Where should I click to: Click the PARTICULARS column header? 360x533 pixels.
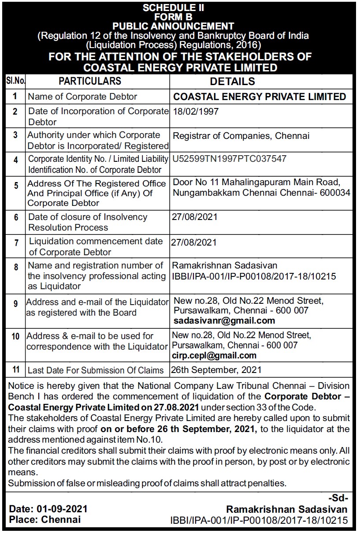click(90, 81)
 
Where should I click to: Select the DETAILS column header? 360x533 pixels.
click(232, 81)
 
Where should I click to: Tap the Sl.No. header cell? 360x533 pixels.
click(15, 81)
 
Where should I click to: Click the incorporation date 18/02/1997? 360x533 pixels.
click(196, 112)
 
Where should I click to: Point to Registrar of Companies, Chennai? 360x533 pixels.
click(241, 136)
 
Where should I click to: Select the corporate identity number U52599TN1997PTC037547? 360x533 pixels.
click(232, 158)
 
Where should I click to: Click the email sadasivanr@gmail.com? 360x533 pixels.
click(224, 321)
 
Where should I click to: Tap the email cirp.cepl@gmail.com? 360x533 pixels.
click(214, 355)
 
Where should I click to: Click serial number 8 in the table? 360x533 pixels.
click(15, 267)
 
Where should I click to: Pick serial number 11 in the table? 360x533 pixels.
click(15, 369)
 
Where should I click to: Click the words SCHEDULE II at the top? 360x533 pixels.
click(180, 7)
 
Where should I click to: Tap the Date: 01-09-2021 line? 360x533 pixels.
click(48, 509)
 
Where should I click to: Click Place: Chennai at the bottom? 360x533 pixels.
click(45, 519)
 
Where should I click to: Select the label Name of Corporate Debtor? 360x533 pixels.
click(83, 97)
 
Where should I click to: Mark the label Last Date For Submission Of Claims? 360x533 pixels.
click(96, 370)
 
